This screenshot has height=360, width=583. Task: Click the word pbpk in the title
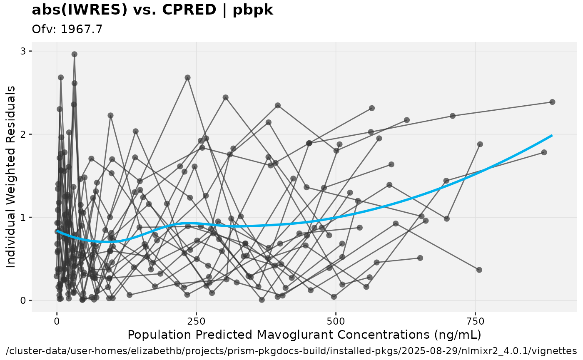pos(253,10)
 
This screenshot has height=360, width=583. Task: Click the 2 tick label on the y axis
pos(24,134)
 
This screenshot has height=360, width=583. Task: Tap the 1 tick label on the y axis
pos(24,217)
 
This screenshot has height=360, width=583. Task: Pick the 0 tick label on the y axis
pos(24,300)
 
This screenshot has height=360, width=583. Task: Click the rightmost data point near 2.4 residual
pos(552,102)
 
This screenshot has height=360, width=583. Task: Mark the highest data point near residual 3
pos(74,54)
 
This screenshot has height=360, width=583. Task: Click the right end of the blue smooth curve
pos(552,135)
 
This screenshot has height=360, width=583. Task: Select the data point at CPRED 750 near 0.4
pos(479,270)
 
